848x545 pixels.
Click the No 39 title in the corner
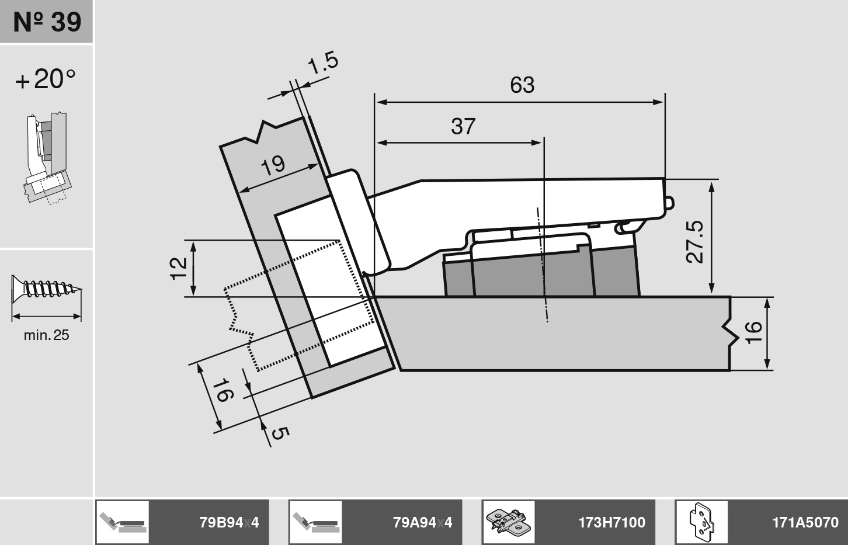point(47,22)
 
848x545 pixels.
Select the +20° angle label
point(46,79)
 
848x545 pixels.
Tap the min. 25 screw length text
point(47,335)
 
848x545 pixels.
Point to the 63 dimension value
point(522,85)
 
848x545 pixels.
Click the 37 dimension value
point(463,126)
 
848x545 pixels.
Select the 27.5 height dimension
point(695,242)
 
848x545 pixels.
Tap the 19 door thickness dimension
point(273,165)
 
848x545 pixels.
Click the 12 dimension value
point(179,269)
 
